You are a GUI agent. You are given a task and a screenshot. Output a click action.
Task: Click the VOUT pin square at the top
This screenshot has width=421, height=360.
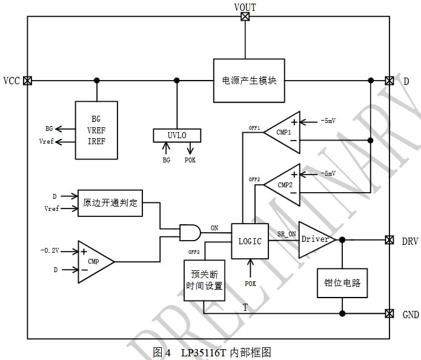coord(245,17)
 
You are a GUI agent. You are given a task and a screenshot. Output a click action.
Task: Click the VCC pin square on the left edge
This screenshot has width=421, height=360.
coord(28,80)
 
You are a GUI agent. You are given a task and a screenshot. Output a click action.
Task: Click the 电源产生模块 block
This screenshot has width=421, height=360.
coord(245,80)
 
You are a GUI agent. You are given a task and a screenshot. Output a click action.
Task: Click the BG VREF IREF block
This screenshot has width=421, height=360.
coord(96,130)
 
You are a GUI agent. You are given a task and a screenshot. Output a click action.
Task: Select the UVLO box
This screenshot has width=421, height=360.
coord(176,135)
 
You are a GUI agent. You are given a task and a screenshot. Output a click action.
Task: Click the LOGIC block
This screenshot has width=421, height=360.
coord(250,241)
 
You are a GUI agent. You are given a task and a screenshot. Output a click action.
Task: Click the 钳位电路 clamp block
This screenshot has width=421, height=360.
coord(342,283)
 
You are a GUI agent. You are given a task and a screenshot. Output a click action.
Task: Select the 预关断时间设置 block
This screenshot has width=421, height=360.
coord(204,281)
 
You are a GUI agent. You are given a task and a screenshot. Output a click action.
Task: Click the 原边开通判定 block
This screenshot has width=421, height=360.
coord(110,203)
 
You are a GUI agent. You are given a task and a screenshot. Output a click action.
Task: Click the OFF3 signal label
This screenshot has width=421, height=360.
coord(194,252)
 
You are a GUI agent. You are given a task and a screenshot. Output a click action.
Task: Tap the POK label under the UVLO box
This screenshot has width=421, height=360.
coord(190,160)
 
